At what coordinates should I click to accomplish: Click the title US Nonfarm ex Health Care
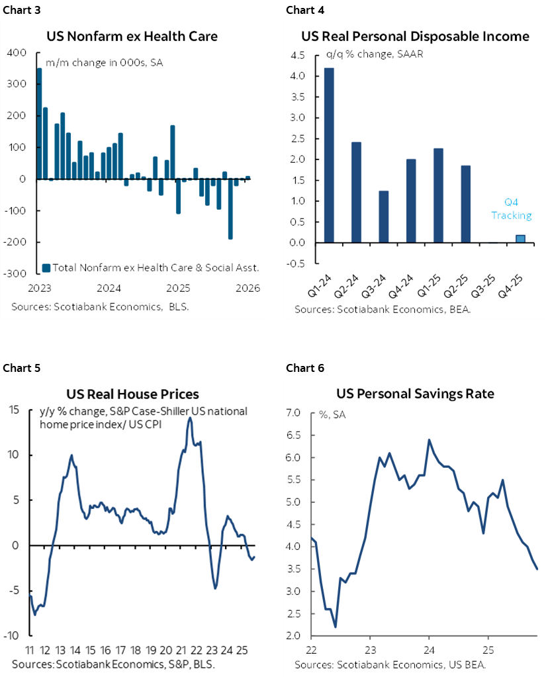click(x=132, y=36)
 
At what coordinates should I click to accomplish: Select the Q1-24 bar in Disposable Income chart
click(x=329, y=156)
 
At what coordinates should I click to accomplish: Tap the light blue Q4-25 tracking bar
click(x=520, y=239)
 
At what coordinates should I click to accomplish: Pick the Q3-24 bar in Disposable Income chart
click(x=383, y=216)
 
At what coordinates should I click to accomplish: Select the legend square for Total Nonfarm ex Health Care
click(x=46, y=268)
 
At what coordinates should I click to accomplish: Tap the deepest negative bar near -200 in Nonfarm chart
click(x=230, y=208)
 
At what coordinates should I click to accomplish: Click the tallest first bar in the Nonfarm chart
click(x=39, y=124)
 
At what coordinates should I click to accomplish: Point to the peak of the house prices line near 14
click(x=190, y=418)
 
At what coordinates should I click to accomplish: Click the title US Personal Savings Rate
click(x=414, y=393)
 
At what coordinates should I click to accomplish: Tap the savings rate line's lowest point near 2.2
click(x=336, y=626)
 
